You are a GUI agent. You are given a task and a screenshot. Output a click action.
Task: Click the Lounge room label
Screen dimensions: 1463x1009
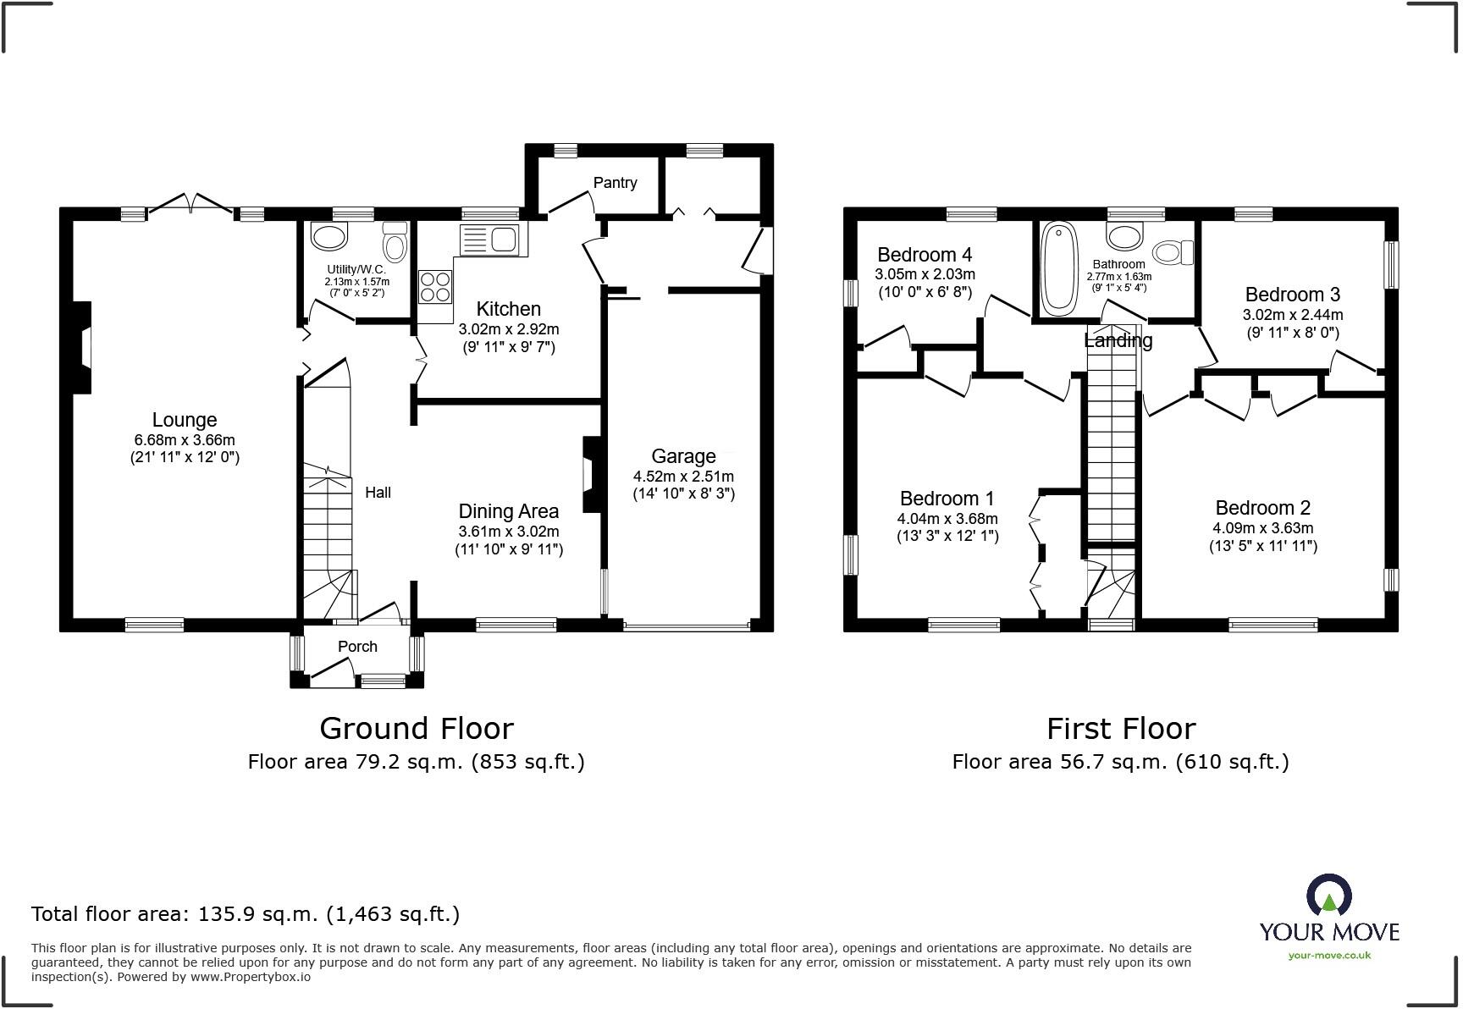pyautogui.click(x=185, y=420)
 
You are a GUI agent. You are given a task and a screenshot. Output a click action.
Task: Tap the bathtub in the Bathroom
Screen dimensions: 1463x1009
pyautogui.click(x=1057, y=267)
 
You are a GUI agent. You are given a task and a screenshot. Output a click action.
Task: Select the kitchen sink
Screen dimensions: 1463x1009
pyautogui.click(x=489, y=239)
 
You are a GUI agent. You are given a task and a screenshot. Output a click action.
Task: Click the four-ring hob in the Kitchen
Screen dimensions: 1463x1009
pyautogui.click(x=435, y=285)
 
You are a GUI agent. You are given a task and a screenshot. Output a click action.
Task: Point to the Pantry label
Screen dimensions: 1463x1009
pyautogui.click(x=615, y=183)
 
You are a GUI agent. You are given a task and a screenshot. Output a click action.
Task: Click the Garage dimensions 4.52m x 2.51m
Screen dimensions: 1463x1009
pyautogui.click(x=683, y=477)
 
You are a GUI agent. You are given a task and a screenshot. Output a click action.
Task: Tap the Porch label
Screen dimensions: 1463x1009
pyautogui.click(x=357, y=647)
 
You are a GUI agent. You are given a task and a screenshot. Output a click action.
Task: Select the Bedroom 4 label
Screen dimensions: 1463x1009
pyautogui.click(x=925, y=255)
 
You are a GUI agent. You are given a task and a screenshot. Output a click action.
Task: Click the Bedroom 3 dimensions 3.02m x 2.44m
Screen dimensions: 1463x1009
pyautogui.click(x=1292, y=315)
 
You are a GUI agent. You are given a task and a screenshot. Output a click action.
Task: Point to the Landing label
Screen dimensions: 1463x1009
pyautogui.click(x=1118, y=340)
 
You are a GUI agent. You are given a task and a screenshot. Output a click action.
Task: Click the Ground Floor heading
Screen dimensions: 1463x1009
pyautogui.click(x=417, y=728)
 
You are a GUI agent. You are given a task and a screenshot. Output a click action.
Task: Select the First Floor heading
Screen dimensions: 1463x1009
pyautogui.click(x=1121, y=728)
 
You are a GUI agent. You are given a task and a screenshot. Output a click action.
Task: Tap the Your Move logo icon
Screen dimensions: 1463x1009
pyautogui.click(x=1329, y=896)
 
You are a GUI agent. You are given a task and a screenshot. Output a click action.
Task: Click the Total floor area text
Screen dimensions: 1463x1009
pyautogui.click(x=246, y=914)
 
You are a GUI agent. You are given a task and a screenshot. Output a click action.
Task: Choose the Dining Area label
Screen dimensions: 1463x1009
pyautogui.click(x=509, y=511)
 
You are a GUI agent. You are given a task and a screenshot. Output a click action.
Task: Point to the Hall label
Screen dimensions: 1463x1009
pyautogui.click(x=378, y=493)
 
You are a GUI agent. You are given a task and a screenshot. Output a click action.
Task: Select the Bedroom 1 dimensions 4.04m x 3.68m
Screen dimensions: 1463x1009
pyautogui.click(x=947, y=519)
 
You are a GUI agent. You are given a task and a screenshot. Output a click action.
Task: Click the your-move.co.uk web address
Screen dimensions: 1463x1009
pyautogui.click(x=1329, y=956)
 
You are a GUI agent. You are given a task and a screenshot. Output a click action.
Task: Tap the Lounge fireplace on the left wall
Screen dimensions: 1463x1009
pyautogui.click(x=81, y=347)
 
